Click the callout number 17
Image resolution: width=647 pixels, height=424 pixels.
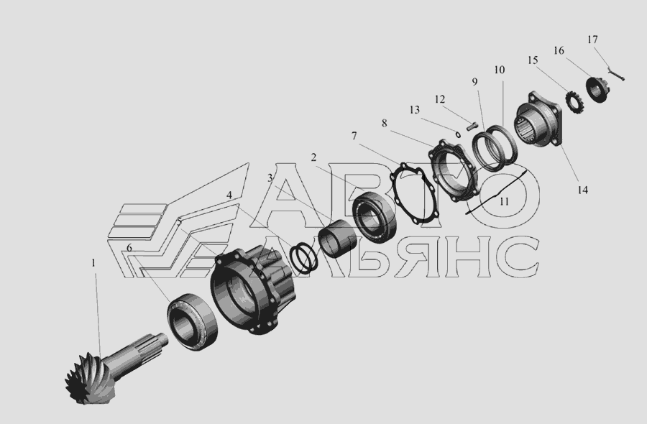click(592, 40)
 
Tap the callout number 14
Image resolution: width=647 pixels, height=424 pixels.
click(582, 190)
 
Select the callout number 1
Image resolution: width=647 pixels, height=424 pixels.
click(93, 263)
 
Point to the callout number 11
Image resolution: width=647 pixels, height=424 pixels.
click(504, 202)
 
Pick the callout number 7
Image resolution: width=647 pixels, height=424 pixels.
click(354, 136)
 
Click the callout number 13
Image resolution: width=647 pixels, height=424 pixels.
click(415, 110)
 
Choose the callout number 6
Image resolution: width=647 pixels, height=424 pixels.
click(129, 248)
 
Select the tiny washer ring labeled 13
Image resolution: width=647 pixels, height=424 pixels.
click(458, 134)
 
